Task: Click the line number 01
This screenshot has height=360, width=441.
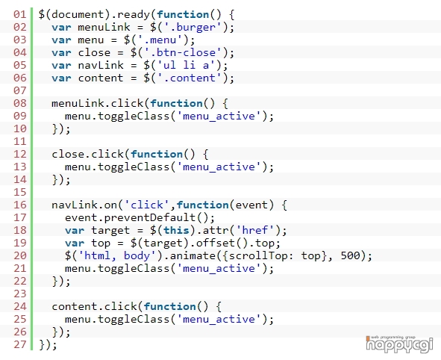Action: click(x=19, y=14)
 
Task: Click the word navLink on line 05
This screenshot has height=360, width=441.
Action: click(x=101, y=65)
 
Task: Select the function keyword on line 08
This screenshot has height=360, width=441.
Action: click(x=176, y=103)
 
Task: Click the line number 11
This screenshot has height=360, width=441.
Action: click(x=19, y=141)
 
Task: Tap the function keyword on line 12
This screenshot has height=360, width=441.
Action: click(x=157, y=155)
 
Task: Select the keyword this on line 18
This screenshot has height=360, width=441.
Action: click(x=176, y=230)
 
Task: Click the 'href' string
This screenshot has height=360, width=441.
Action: click(x=254, y=230)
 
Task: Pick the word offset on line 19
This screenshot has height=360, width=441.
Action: click(x=216, y=243)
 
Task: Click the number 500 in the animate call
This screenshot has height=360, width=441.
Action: click(x=350, y=255)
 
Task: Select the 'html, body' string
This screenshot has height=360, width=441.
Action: click(x=117, y=255)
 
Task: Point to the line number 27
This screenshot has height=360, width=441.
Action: click(x=19, y=344)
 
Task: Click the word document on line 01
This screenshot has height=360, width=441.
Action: click(x=78, y=14)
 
